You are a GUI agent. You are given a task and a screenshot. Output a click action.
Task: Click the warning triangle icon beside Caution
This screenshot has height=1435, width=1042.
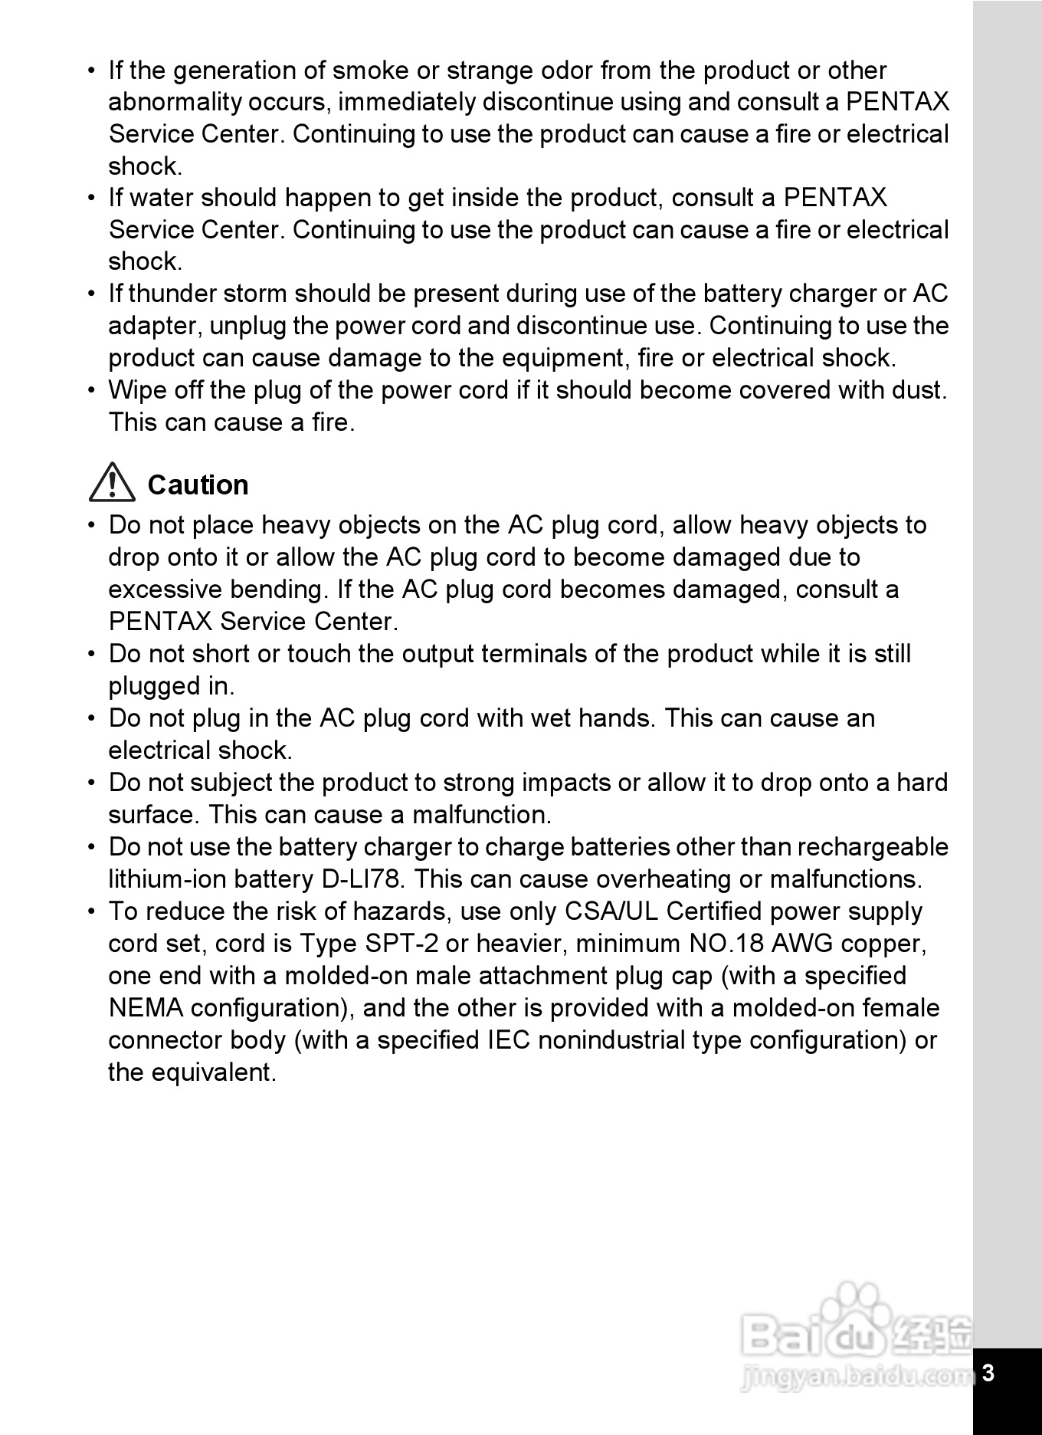[112, 483]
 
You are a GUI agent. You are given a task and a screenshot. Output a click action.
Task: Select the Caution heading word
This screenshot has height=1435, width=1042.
[198, 485]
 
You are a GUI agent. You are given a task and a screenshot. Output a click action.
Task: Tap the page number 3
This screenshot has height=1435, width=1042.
[988, 1372]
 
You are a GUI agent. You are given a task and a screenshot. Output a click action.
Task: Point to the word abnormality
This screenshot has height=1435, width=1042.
[173, 102]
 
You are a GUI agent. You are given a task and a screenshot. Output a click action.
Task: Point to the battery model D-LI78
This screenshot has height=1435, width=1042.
[361, 879]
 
